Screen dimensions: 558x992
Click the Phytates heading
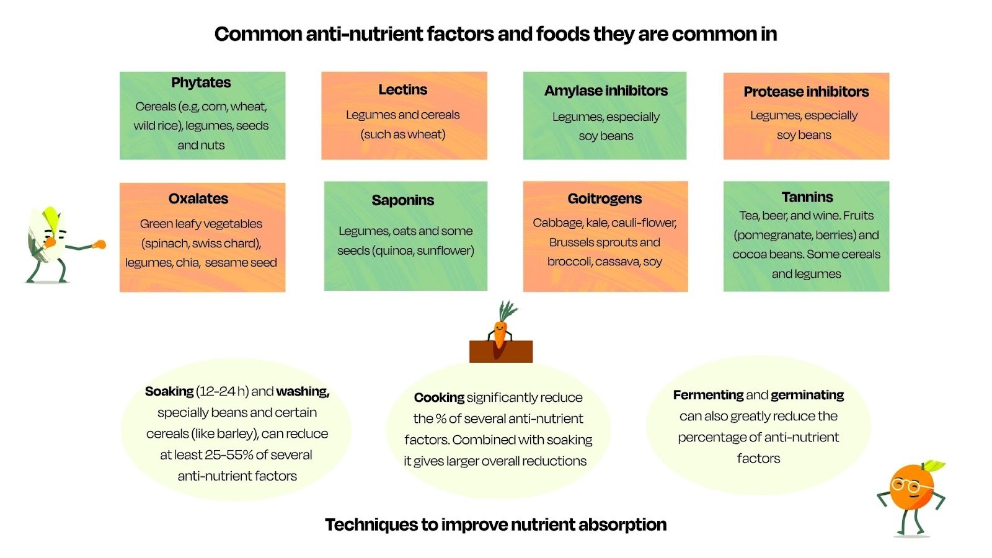[x=201, y=82]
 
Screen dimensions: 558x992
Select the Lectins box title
[x=403, y=90]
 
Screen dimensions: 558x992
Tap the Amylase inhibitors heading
[x=606, y=91]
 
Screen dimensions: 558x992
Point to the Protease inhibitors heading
[x=806, y=92]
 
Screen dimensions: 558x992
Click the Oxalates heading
[x=198, y=199]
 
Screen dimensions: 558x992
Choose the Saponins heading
[x=403, y=200]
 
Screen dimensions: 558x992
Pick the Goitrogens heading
[x=604, y=199]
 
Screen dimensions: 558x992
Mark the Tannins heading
[x=807, y=197]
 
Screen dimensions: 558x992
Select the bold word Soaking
[x=169, y=392]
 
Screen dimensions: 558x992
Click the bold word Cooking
[x=439, y=398]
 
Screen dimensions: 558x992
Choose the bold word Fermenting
[x=708, y=395]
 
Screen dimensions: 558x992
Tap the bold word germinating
[x=807, y=395]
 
